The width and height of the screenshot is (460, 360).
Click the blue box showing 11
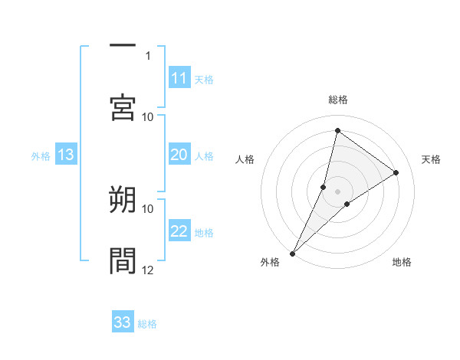(179, 78)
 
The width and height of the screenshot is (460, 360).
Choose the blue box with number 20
(179, 155)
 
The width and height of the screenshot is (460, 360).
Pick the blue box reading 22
(179, 232)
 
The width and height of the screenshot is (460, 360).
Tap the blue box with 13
(66, 155)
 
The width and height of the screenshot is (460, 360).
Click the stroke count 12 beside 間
(148, 270)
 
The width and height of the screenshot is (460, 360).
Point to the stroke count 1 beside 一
(148, 55)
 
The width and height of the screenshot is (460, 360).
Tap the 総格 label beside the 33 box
(147, 324)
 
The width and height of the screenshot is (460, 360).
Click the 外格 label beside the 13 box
(41, 156)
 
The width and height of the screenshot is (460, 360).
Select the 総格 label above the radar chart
(337, 100)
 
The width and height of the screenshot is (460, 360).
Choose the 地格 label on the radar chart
(402, 262)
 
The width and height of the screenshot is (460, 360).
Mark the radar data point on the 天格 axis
(396, 172)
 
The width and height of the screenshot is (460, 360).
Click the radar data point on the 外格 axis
(292, 253)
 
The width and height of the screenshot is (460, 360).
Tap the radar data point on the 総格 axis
(337, 130)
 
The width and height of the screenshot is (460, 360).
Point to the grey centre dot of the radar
(337, 191)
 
